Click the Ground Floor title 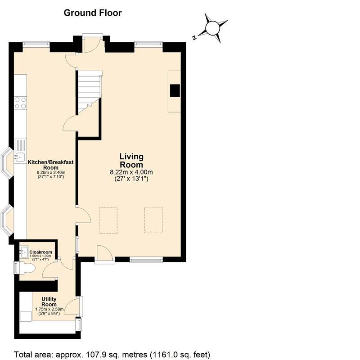(x=92, y=13)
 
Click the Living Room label (x=131, y=161)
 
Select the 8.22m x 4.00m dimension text (x=131, y=172)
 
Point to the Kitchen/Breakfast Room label (x=51, y=164)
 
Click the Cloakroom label (x=41, y=252)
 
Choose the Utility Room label (x=49, y=301)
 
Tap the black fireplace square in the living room (x=175, y=91)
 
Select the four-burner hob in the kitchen (x=20, y=103)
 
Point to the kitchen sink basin (x=20, y=157)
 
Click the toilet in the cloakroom (x=27, y=269)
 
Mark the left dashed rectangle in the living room (x=108, y=220)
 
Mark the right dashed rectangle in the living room (x=153, y=220)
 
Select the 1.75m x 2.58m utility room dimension (x=49, y=309)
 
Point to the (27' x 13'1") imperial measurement (x=131, y=179)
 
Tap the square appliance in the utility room (x=26, y=315)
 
